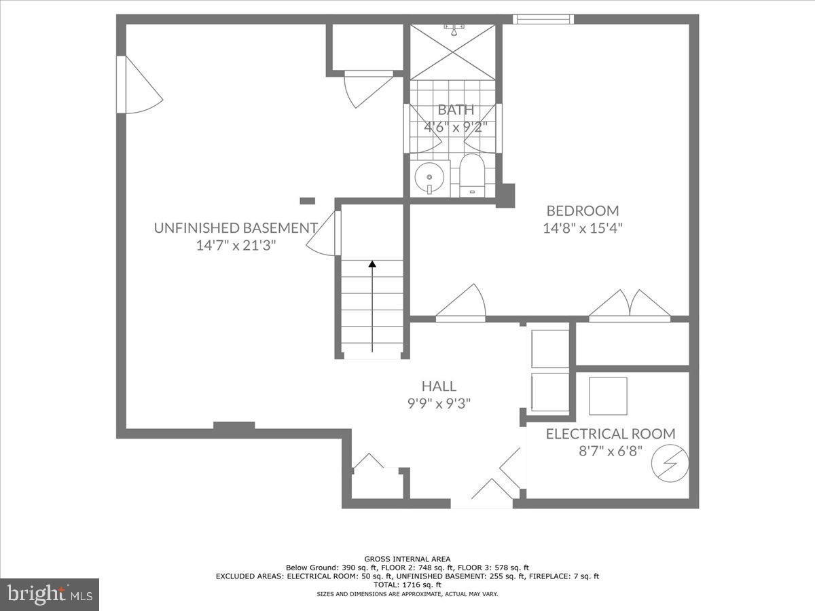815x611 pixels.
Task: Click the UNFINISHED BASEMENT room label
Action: pyautogui.click(x=236, y=228)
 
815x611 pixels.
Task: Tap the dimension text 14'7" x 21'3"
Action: pyautogui.click(x=236, y=246)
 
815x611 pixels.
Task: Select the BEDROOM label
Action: pyautogui.click(x=583, y=210)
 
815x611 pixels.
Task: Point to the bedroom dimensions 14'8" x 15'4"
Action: pyautogui.click(x=583, y=228)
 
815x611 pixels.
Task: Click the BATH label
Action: pyautogui.click(x=456, y=109)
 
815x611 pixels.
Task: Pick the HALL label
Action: pyautogui.click(x=439, y=386)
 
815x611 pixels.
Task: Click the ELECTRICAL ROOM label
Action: pyautogui.click(x=611, y=434)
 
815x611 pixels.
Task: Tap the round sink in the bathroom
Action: pyautogui.click(x=429, y=177)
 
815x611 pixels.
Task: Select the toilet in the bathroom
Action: pyautogui.click(x=470, y=174)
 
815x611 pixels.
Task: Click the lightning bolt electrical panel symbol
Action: pyautogui.click(x=670, y=464)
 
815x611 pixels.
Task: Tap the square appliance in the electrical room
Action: pyautogui.click(x=608, y=395)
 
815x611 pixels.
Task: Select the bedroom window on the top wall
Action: pyautogui.click(x=543, y=19)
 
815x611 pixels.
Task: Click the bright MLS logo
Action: pyautogui.click(x=50, y=595)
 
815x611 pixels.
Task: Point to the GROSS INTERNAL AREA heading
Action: pyautogui.click(x=407, y=559)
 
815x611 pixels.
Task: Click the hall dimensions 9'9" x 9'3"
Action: pyautogui.click(x=439, y=403)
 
